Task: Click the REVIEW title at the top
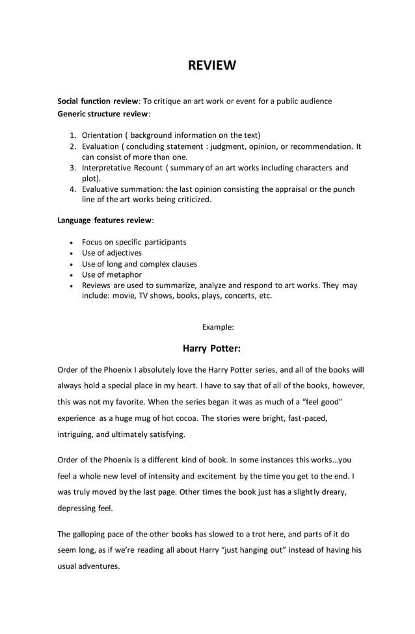pyautogui.click(x=211, y=66)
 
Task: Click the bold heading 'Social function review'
pyautogui.click(x=98, y=101)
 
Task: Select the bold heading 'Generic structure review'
pyautogui.click(x=103, y=114)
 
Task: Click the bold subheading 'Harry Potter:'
pyautogui.click(x=211, y=349)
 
